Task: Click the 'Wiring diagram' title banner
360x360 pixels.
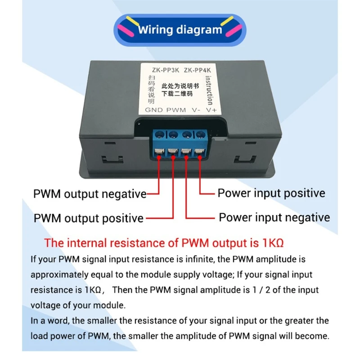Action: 180,30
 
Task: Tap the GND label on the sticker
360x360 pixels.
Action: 154,110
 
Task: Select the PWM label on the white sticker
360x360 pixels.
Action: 176,110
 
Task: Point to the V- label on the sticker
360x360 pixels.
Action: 196,110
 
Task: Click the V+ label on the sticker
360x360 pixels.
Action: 211,110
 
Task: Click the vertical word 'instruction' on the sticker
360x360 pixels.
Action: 209,90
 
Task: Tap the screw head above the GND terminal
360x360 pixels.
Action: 160,134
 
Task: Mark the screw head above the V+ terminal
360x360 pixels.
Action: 198,134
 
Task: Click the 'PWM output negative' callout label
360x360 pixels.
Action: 90,194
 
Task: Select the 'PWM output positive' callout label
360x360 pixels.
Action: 88,218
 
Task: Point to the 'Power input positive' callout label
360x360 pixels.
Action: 271,193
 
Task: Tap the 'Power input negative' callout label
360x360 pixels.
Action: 274,217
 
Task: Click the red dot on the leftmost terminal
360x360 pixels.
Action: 159,157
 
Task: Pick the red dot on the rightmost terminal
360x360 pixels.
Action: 198,157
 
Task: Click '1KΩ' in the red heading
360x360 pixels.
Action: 272,243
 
